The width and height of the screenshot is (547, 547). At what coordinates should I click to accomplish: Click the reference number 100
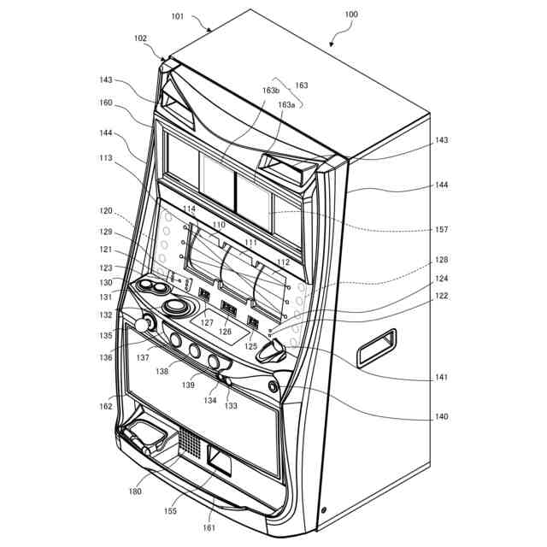click(x=351, y=15)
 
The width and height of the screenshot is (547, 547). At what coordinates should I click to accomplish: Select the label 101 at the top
click(x=178, y=15)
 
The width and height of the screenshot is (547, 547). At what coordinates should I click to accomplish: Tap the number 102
click(x=141, y=38)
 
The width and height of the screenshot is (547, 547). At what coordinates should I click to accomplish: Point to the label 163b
click(x=272, y=90)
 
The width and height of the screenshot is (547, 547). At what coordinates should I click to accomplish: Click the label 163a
click(x=286, y=104)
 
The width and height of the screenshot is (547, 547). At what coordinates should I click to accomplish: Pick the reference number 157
click(x=441, y=229)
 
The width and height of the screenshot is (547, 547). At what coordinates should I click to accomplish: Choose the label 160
click(x=106, y=103)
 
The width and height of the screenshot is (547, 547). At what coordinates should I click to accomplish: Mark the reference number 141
click(x=441, y=377)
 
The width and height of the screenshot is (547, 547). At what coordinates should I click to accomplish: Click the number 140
click(x=441, y=417)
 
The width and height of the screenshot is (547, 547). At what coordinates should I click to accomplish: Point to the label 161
click(x=209, y=527)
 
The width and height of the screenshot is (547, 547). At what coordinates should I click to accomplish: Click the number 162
click(x=106, y=406)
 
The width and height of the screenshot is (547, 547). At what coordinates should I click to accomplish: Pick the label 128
click(x=441, y=259)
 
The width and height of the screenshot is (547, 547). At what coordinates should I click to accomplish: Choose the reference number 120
click(x=106, y=210)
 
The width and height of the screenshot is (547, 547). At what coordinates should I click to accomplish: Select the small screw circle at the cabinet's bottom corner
click(x=323, y=511)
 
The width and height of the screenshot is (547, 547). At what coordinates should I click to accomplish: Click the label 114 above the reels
click(x=188, y=209)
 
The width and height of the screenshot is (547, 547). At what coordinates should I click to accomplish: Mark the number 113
click(x=106, y=157)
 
